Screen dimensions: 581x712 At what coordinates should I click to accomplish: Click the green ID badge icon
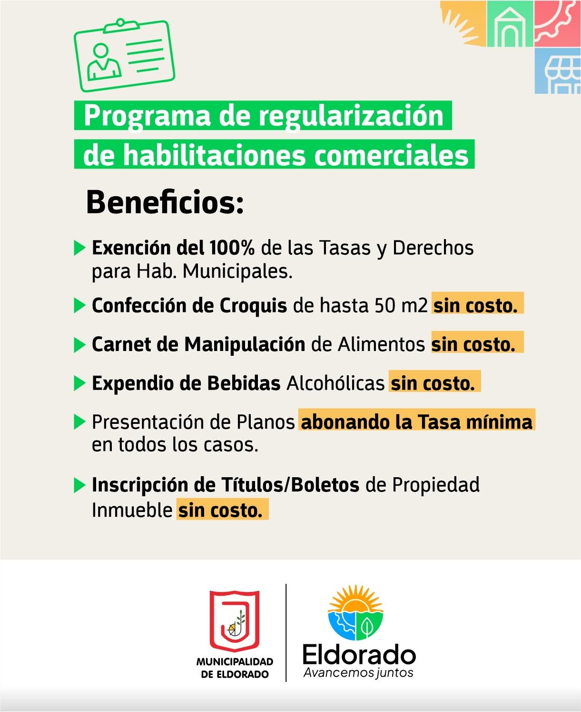[x=124, y=55]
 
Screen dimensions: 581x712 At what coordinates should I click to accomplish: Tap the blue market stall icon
[x=558, y=71]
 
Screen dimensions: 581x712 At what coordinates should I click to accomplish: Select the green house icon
[x=510, y=24]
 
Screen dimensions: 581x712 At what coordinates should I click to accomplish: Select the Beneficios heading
[x=165, y=202]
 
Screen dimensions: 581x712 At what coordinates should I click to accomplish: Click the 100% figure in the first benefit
[x=232, y=248]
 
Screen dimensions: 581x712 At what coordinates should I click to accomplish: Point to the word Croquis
[x=254, y=306]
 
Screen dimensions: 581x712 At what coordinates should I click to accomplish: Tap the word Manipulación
[x=245, y=344]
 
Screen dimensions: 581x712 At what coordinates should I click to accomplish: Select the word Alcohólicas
[x=335, y=383]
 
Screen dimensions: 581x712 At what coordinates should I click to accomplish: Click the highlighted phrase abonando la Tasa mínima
[x=417, y=422]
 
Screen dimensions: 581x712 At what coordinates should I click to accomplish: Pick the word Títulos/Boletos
[x=290, y=485]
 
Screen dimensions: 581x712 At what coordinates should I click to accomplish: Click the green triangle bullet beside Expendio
[x=79, y=383]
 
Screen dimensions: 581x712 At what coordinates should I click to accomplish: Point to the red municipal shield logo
[x=235, y=621]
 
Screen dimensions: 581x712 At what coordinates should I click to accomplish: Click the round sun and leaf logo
[x=355, y=613]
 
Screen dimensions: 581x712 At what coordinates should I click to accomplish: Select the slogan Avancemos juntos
[x=358, y=673]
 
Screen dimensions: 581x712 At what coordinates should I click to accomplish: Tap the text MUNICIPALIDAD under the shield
[x=235, y=662]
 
